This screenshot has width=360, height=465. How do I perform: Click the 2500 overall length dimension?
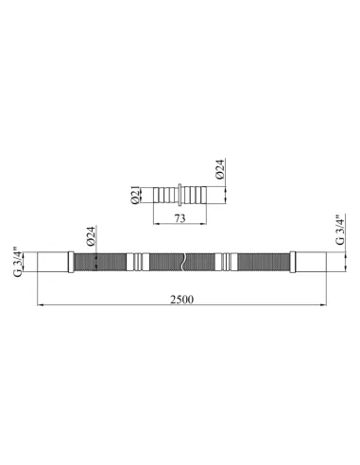point(182,299)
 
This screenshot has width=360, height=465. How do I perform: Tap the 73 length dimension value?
point(180,218)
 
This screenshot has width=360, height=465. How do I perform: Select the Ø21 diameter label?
point(135,196)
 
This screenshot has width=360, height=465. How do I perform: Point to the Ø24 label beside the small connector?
point(220,169)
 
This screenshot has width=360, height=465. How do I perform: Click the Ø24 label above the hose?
point(91,236)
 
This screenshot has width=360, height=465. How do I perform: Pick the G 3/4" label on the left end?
point(18,262)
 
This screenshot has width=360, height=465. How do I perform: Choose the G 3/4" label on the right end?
point(340,230)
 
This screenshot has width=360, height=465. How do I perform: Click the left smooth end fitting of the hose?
point(53,262)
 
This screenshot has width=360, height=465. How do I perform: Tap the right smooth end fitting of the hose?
point(311,262)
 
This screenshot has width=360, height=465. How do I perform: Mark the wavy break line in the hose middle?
point(183,262)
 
